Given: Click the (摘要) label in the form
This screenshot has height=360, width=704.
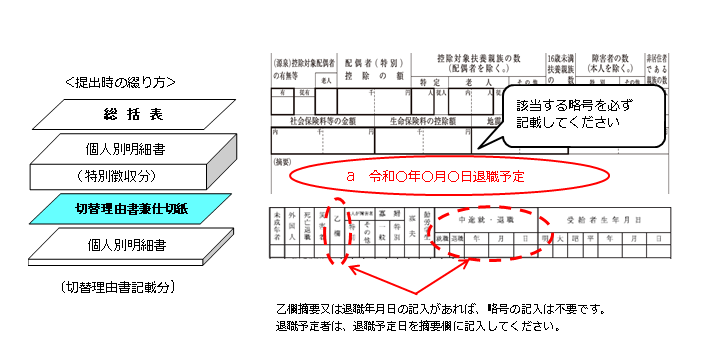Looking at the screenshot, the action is tap(285, 161).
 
